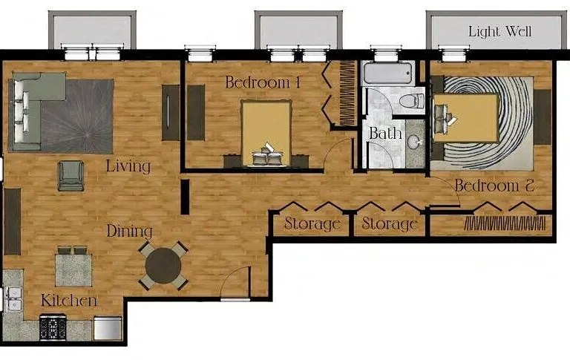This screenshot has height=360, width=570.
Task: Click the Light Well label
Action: tap(499, 32)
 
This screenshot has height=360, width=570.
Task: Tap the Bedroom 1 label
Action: tap(263, 82)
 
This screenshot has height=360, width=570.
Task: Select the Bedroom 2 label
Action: tap(495, 186)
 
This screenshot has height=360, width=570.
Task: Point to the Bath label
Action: tap(385, 133)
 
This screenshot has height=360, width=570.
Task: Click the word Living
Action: tap(128, 166)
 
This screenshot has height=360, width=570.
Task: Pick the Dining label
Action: tap(129, 231)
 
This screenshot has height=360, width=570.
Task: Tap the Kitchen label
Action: tap(69, 301)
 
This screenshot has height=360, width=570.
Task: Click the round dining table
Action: tap(163, 266)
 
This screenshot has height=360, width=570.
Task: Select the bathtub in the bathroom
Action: tap(388, 73)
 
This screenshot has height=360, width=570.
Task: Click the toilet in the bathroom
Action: tap(412, 100)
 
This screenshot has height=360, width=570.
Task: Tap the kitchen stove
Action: tap(53, 327)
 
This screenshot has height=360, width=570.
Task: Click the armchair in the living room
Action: tap(71, 176)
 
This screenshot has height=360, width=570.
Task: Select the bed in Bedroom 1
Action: tap(267, 133)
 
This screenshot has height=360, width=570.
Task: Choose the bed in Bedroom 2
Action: tap(465, 118)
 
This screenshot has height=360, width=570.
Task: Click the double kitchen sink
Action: tap(13, 298)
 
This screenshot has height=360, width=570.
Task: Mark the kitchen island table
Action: tap(73, 270)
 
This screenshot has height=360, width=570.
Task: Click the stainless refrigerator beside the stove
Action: tap(108, 328)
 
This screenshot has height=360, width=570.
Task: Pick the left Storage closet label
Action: tap(312, 223)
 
